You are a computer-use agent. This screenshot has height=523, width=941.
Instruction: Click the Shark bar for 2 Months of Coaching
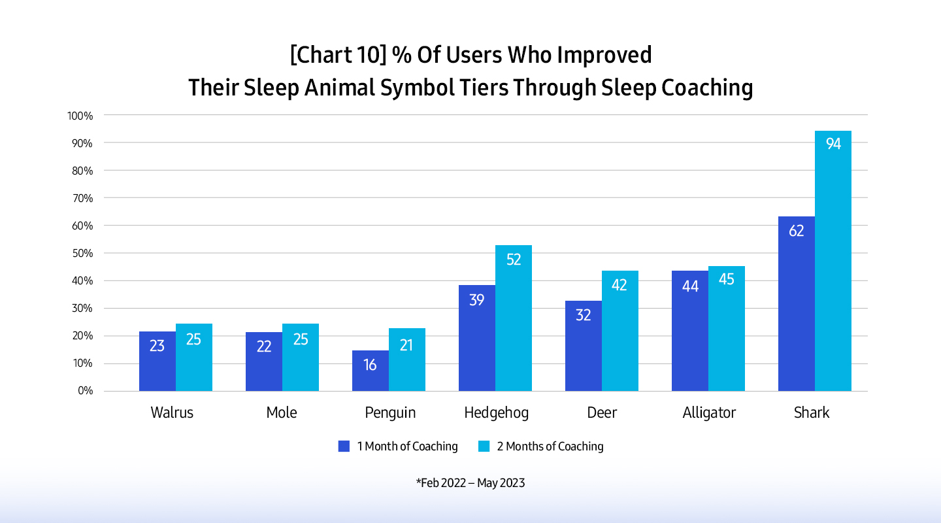[x=833, y=261]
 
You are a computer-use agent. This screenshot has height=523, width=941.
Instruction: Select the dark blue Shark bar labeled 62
[x=796, y=304]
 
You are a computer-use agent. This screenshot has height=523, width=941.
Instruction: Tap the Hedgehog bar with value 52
[x=514, y=318]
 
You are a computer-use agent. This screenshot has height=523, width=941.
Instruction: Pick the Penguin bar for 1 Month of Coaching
[x=371, y=371]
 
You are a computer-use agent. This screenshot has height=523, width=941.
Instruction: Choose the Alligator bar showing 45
[x=727, y=329]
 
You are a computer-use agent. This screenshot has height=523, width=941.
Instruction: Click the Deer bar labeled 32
[x=584, y=346]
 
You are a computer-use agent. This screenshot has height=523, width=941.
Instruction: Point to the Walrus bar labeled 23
[x=157, y=362]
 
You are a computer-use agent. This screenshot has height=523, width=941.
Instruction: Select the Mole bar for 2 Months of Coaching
[x=301, y=358]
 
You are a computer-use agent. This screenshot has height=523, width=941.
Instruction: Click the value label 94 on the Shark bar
[x=833, y=144]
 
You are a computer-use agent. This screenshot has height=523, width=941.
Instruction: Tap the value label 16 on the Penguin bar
[x=371, y=365]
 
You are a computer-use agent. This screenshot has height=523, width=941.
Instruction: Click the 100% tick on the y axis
[x=80, y=116]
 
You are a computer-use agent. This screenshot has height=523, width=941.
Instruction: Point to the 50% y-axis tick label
[x=83, y=253]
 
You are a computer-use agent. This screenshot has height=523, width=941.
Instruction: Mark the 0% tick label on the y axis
[x=86, y=391]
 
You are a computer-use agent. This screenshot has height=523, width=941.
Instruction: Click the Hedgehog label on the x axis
[x=496, y=413]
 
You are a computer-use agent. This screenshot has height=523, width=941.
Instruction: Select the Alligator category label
[x=709, y=413]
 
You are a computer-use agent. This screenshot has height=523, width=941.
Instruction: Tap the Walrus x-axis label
[x=172, y=413]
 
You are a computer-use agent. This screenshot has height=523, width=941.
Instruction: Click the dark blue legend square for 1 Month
[x=344, y=447]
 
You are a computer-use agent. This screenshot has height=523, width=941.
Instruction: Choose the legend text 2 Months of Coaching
[x=550, y=447]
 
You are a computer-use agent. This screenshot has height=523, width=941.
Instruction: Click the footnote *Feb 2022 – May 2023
[x=470, y=483]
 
